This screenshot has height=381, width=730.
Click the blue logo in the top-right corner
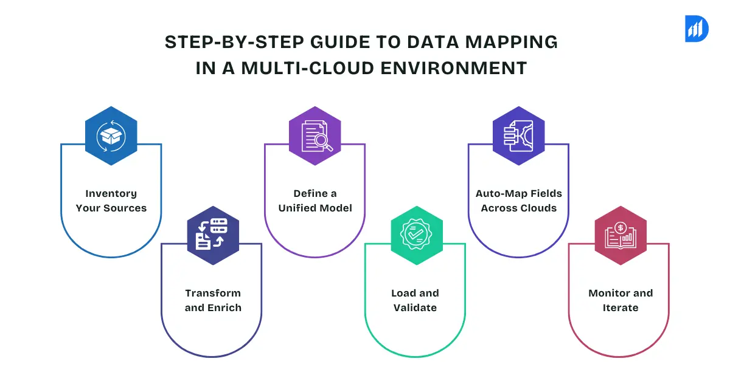click(x=697, y=29)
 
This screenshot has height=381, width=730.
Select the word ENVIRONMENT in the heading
click(x=454, y=68)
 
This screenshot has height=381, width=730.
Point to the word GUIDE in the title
click(x=340, y=42)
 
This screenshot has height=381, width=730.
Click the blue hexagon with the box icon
click(x=111, y=136)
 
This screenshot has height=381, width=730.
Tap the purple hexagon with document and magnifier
click(x=315, y=136)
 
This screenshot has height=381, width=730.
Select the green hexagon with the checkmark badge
click(x=417, y=235)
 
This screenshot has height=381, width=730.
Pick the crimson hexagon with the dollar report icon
click(x=620, y=235)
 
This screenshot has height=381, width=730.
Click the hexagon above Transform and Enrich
click(x=213, y=235)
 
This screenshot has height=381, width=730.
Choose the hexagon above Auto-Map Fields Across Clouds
click(x=518, y=136)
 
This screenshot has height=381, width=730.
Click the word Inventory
click(x=111, y=194)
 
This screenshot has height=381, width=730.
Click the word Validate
click(x=415, y=307)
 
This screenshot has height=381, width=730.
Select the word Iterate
click(x=620, y=307)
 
